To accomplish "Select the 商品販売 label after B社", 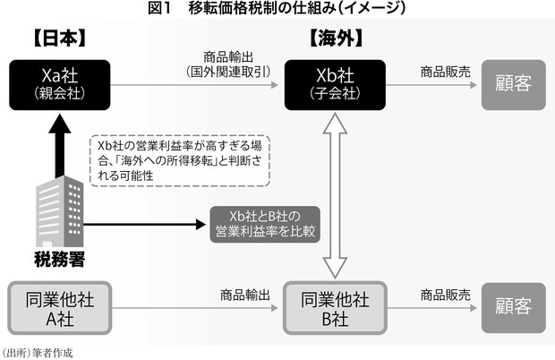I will pos(443,294).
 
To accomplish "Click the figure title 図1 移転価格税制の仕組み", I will pos(277,9).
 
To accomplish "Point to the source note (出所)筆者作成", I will pos(37,353).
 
